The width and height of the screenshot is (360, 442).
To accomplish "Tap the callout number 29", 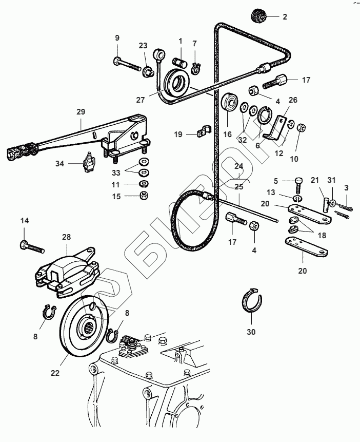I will tap(81, 111).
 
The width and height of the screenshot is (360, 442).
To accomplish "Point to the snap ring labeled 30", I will tap(252, 302).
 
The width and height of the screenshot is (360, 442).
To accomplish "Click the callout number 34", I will tap(61, 164).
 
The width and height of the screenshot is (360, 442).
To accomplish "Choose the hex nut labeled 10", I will tap(302, 127).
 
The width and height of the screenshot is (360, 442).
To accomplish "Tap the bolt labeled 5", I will tap(299, 186).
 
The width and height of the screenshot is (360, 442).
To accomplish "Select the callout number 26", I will tap(293, 100).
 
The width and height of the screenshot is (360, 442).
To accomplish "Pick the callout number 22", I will tap(55, 373).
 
